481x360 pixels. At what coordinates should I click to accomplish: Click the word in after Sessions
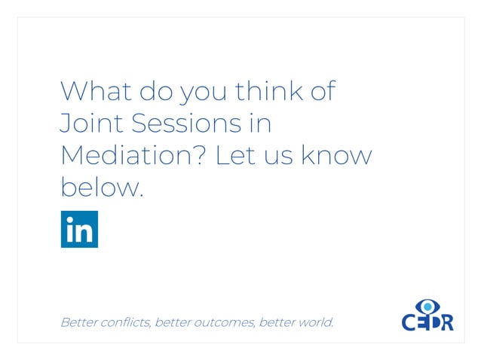coord(261,124)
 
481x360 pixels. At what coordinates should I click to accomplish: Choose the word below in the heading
coord(100,187)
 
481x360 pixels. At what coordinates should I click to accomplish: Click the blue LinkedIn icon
coord(79,230)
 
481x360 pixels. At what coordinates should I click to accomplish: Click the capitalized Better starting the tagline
coord(78,322)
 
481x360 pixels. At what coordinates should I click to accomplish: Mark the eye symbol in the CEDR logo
coord(428,306)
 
